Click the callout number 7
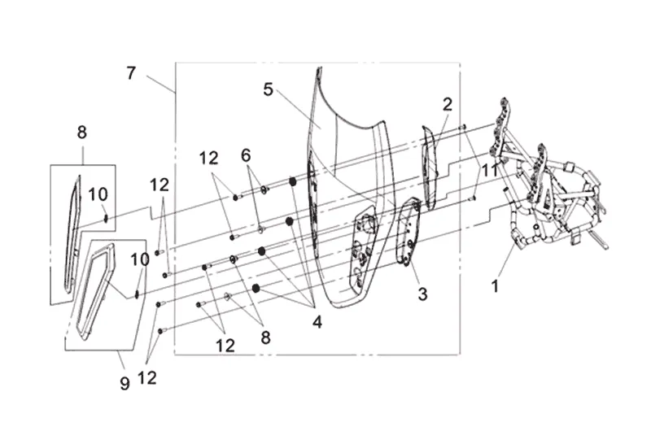[131, 73]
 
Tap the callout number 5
[269, 89]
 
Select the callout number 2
[447, 105]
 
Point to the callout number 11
[490, 170]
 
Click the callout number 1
[495, 286]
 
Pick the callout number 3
[422, 294]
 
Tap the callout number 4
[317, 321]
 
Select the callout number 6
[246, 155]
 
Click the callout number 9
[125, 383]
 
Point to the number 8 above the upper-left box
[82, 133]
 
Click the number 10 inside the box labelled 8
[98, 194]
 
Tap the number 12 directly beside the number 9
[147, 378]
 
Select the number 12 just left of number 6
[208, 158]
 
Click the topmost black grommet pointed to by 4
[292, 181]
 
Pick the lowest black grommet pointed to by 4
[256, 288]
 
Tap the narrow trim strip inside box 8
[72, 233]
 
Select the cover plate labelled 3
[409, 232]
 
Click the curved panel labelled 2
[430, 166]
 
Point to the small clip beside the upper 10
[106, 218]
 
